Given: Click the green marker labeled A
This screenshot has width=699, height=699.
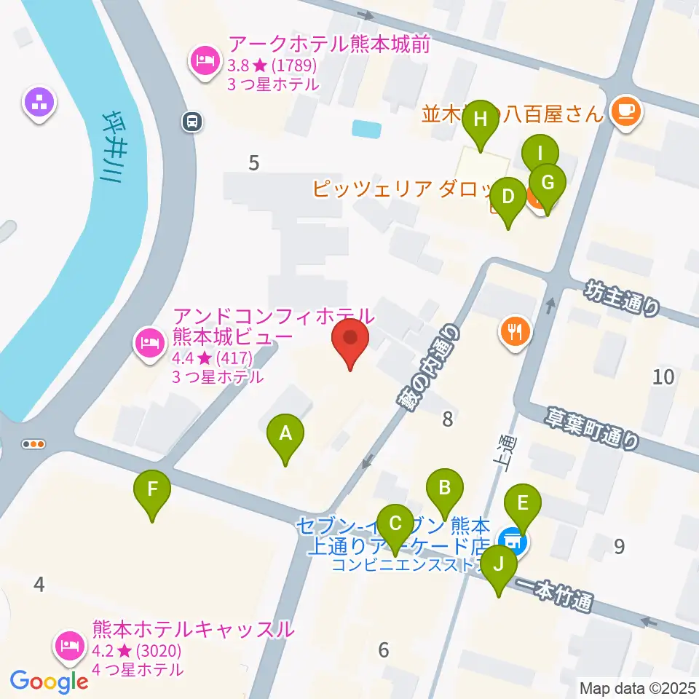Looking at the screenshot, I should [x=285, y=435].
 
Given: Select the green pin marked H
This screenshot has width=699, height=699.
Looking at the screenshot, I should [x=481, y=119].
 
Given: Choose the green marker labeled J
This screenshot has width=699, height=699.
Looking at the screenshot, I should [x=499, y=565].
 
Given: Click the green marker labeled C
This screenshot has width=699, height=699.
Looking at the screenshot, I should [x=395, y=524].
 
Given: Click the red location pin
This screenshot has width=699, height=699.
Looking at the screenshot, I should [x=350, y=339].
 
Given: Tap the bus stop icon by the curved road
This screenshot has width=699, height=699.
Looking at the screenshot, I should [x=192, y=121].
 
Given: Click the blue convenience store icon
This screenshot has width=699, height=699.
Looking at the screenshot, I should [x=512, y=540].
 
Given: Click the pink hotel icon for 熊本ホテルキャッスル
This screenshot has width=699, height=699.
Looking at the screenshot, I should [x=71, y=644].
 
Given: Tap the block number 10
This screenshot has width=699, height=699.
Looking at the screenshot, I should [x=663, y=376].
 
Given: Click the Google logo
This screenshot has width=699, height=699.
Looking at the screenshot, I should [x=49, y=682].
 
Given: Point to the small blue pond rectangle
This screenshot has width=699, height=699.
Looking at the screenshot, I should [x=366, y=129].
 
